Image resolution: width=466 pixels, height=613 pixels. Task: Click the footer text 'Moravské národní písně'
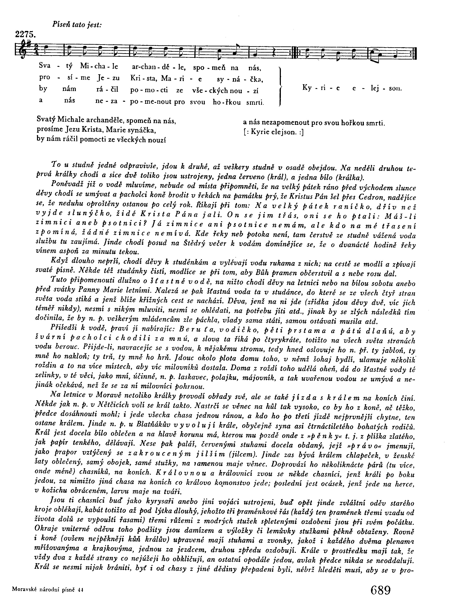click(44, 590)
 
